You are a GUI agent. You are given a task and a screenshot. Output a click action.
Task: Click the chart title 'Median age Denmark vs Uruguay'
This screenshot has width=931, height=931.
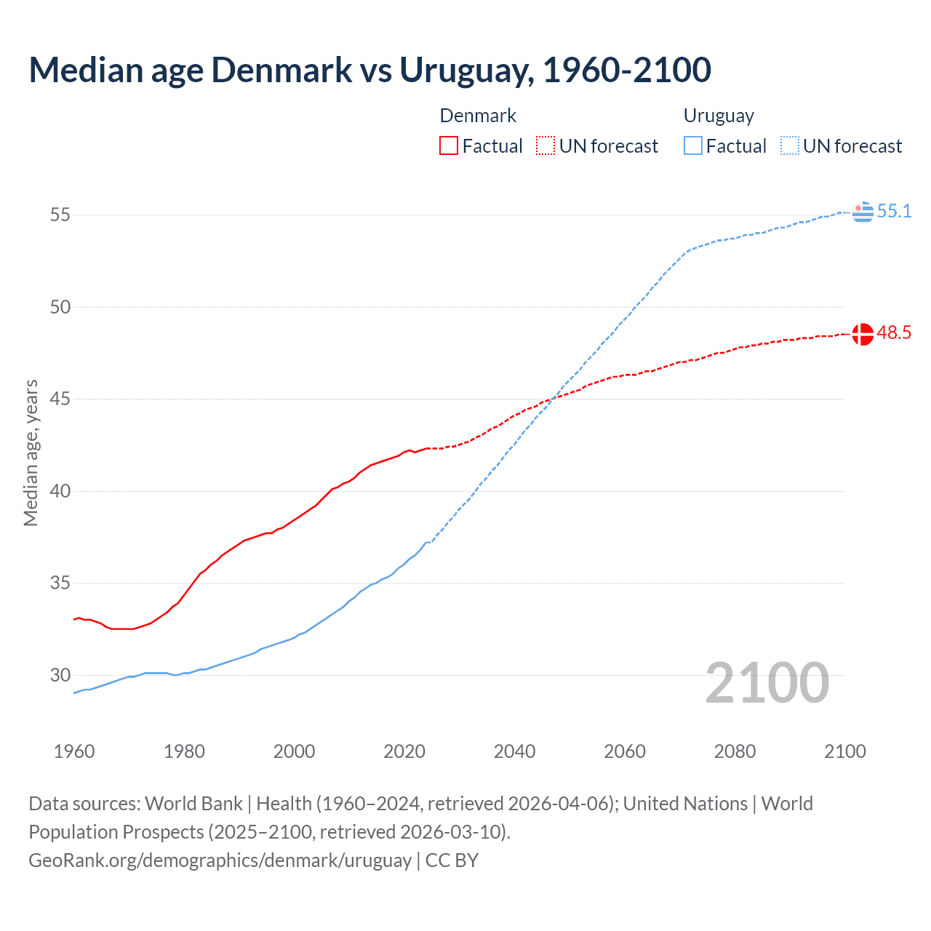coord(369,70)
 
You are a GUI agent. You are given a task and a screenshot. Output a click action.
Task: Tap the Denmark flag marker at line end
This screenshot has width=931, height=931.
coord(863,334)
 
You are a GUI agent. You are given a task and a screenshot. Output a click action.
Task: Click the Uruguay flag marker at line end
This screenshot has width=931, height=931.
coord(863,212)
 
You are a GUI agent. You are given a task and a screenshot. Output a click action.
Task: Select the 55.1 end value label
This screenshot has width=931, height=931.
coord(894,211)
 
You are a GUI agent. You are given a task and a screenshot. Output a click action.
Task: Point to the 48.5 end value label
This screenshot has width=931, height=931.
coord(894,333)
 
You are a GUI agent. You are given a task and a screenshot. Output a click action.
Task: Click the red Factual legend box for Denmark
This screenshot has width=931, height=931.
coord(449,146)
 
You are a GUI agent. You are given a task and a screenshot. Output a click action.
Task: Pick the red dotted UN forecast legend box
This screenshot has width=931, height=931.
coord(546,146)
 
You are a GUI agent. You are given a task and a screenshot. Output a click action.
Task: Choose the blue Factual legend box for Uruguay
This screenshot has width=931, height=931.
coord(693,146)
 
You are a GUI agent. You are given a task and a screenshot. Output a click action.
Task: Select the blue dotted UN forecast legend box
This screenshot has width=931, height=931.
coord(790,146)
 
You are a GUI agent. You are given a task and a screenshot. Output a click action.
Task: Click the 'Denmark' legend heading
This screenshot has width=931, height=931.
coord(478,116)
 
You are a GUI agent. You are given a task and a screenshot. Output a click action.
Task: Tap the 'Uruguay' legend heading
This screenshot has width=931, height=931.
coord(719,116)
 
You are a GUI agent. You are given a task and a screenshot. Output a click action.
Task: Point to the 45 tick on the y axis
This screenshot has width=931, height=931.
coord(60,399)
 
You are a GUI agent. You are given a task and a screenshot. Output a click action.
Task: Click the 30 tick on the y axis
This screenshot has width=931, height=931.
coord(60,675)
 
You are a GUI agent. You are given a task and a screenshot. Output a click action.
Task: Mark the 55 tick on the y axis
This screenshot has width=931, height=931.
coord(60,215)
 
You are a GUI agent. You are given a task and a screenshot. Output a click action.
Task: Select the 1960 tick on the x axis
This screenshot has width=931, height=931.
coord(74,751)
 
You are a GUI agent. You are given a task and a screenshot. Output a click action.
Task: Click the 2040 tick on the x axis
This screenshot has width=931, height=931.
coord(514,751)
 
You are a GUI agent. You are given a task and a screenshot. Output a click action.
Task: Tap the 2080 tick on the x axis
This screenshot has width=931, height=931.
coord(735,751)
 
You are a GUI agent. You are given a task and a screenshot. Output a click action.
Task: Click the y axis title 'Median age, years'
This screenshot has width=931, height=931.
coord(31,452)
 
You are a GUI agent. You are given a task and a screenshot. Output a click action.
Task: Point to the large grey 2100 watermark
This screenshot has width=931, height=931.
coord(767,682)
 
